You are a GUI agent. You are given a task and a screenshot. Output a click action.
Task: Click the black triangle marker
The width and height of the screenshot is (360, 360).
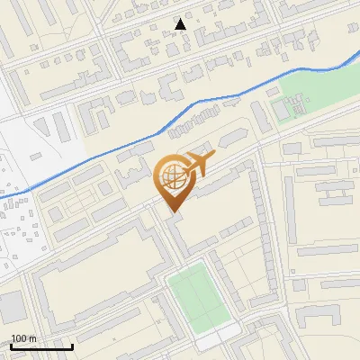182,24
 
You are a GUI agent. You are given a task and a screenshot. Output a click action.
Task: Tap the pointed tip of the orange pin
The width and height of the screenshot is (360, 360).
174,211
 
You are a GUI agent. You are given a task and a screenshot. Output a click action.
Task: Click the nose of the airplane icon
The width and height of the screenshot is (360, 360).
213,157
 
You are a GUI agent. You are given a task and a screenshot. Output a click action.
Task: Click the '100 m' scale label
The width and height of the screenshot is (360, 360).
23,338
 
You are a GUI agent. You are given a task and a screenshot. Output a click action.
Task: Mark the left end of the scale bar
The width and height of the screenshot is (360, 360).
11,346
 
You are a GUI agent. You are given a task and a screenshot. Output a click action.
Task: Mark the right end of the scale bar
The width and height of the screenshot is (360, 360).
72,346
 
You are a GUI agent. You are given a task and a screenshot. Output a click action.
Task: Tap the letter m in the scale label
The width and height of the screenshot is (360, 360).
32,338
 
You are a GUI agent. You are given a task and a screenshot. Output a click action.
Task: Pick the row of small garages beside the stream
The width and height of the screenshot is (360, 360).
193,121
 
